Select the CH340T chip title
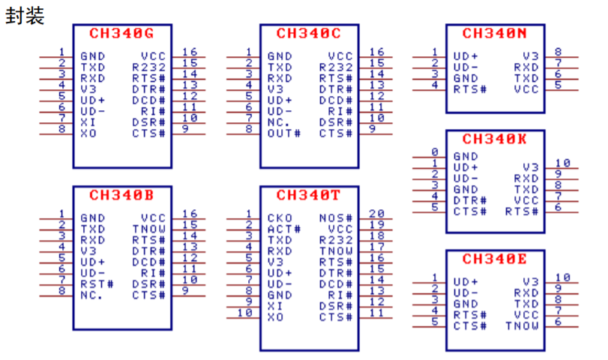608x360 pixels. point(308,196)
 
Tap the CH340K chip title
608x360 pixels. point(494,139)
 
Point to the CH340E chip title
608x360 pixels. point(494,259)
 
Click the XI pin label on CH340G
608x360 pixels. point(88,122)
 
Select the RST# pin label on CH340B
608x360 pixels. point(97,284)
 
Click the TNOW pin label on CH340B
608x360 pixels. point(148,229)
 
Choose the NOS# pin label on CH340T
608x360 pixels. point(336,217)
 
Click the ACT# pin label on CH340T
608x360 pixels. point(283,229)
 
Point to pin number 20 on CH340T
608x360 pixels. point(376,214)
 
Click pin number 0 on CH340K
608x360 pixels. point(434,152)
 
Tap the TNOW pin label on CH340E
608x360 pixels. point(522,325)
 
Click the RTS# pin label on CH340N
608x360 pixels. point(470,89)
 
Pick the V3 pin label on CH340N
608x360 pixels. point(531,55)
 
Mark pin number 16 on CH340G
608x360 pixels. point(190,52)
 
